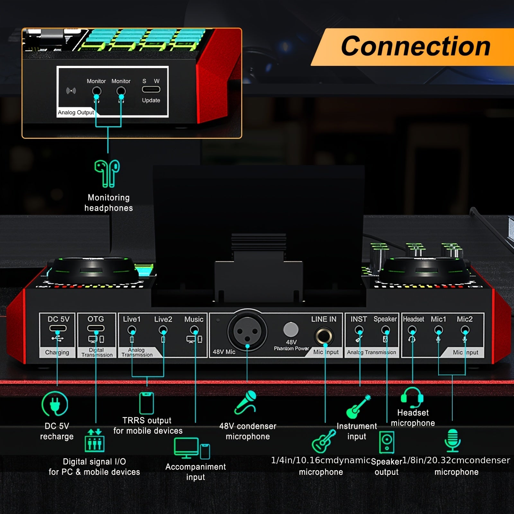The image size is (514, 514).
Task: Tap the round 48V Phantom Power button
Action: pos(291,330)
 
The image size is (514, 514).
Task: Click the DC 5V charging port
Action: pos(58,328)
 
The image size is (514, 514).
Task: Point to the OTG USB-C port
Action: pos(96,328)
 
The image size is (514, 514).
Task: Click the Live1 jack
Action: pos(132,330)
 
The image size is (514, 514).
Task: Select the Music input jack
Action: pos(194,330)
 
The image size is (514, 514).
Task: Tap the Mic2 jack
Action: pos(465,330)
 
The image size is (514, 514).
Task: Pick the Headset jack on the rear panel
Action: pos(412,330)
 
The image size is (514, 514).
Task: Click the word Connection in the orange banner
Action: pos(415,46)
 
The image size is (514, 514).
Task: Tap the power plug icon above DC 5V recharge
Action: pos(55,404)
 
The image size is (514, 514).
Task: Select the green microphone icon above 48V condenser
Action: pos(246,402)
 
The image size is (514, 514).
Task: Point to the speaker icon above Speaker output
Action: pos(386,442)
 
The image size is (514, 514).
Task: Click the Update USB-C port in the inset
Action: pos(151,90)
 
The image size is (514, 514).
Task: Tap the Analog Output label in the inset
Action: pos(76,112)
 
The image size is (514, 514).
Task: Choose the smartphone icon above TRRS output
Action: pos(146,403)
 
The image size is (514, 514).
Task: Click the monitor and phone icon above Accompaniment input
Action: pos(192,448)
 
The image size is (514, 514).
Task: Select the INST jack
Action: pos(359,330)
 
